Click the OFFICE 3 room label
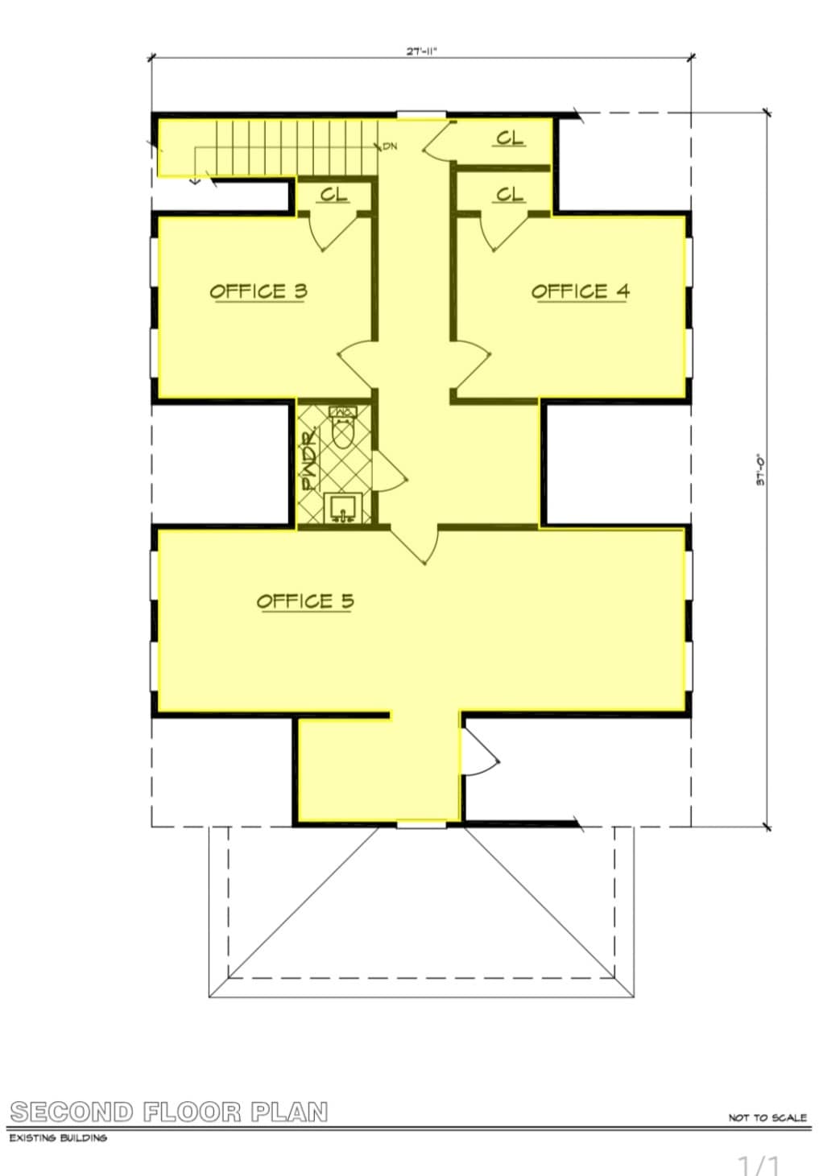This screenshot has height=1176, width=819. pos(259,291)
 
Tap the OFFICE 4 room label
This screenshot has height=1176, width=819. pos(580,291)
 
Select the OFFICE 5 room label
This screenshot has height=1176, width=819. pos(305,600)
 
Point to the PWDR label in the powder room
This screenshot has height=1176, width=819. pos(309,461)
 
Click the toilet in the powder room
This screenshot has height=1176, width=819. pos(343,428)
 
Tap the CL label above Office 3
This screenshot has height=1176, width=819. pos(334,194)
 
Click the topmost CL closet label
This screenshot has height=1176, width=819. pos(510,138)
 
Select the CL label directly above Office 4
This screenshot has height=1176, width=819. pos(510,194)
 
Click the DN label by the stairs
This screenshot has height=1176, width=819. pos(390,146)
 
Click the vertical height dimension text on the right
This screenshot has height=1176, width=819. pos(759,470)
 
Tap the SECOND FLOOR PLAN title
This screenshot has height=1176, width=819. pos(169,1112)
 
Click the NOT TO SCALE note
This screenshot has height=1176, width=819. pos(767,1117)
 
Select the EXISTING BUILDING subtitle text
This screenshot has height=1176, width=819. pos(58,1138)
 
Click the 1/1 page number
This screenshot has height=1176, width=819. pos(759,1164)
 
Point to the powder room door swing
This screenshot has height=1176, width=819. pos(391,471)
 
